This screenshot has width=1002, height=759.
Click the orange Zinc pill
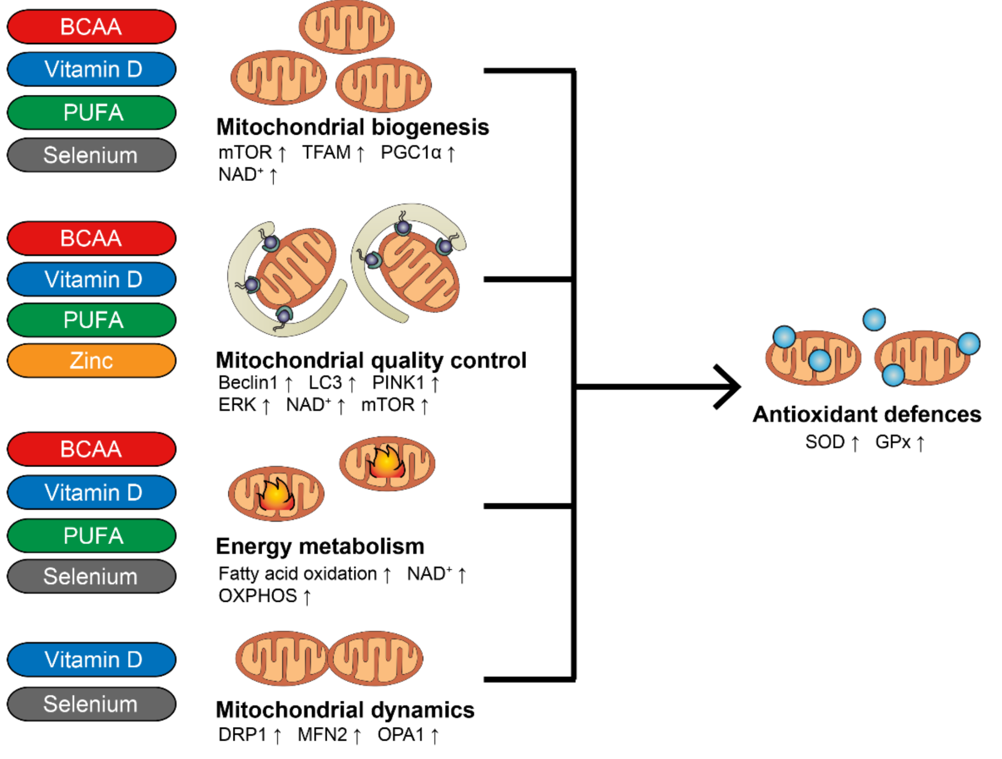(x=91, y=361)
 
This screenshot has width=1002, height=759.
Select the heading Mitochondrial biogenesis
(x=352, y=127)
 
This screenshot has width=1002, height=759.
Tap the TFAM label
(x=326, y=153)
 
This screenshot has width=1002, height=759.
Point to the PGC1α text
(x=410, y=153)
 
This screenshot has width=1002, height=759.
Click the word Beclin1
(x=248, y=383)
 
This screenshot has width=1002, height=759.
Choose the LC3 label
(x=325, y=383)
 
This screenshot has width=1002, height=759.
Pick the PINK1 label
(x=398, y=383)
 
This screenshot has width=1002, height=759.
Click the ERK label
(x=237, y=405)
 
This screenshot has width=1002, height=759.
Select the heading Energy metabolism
(x=320, y=546)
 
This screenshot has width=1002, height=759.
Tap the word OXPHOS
(x=257, y=596)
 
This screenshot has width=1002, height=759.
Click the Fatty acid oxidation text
(x=297, y=574)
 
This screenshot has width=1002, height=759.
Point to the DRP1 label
(x=242, y=735)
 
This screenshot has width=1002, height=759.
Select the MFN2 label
(x=322, y=735)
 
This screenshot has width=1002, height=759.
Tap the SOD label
(x=825, y=442)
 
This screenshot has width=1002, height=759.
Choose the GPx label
(x=892, y=442)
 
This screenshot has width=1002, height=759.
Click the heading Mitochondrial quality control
(x=371, y=361)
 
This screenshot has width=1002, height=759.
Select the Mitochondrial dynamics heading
(x=345, y=710)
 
